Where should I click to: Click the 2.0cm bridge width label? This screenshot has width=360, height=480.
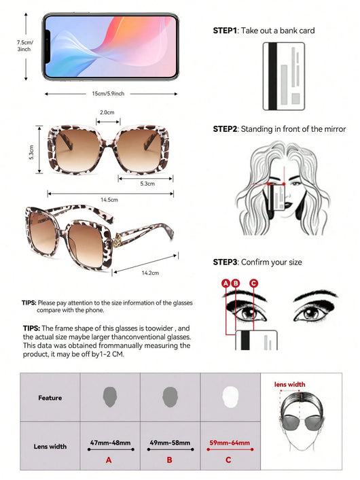pyautogui.click(x=107, y=112)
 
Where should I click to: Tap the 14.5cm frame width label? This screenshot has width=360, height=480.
pyautogui.click(x=109, y=200)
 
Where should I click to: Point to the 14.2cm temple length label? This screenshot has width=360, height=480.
pyautogui.click(x=150, y=273)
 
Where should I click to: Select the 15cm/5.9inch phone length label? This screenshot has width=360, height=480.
pyautogui.click(x=108, y=94)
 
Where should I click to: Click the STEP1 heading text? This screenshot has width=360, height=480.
pyautogui.click(x=225, y=31)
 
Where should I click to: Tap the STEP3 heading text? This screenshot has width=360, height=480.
pyautogui.click(x=225, y=262)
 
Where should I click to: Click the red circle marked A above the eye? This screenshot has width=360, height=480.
pyautogui.click(x=226, y=283)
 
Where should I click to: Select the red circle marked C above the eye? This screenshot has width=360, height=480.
pyautogui.click(x=253, y=283)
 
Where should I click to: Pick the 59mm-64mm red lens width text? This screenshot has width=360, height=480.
pyautogui.click(x=230, y=443)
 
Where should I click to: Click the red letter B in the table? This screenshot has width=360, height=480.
pyautogui.click(x=169, y=460)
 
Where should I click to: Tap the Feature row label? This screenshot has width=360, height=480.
pyautogui.click(x=50, y=398)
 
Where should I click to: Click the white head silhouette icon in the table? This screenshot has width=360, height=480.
pyautogui.click(x=230, y=397)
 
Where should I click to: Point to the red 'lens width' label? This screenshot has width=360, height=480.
pyautogui.click(x=289, y=385)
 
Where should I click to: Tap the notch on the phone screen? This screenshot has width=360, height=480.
pyautogui.click(x=48, y=46)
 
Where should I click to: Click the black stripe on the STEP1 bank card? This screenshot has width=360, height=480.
pyautogui.click(x=272, y=76)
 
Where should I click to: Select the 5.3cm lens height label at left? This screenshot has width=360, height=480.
pyautogui.click(x=31, y=152)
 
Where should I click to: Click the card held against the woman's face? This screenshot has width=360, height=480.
pyautogui.click(x=276, y=198)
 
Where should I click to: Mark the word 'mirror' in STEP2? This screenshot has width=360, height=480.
pyautogui.click(x=335, y=129)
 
